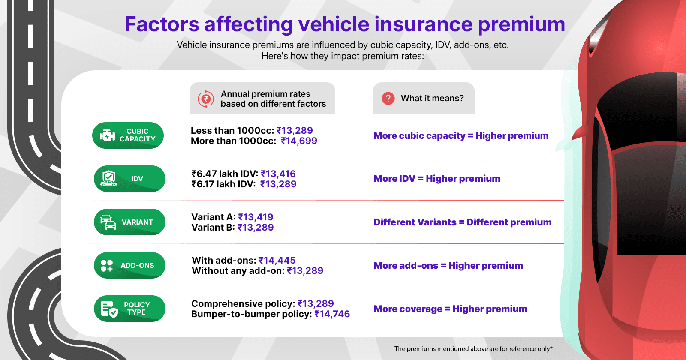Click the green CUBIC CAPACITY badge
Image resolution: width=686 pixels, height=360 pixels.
tap(128, 135)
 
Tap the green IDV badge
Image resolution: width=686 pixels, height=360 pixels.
tap(129, 179)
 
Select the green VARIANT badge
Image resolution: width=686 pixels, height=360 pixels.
tap(129, 222)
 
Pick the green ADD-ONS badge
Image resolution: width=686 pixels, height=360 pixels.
tap(129, 265)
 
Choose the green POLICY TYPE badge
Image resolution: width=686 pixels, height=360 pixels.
tap(129, 309)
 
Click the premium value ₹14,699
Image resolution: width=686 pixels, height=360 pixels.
tap(299, 141)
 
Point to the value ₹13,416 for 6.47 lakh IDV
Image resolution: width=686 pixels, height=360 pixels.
tap(278, 174)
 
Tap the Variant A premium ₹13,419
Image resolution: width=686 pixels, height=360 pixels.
tap(256, 217)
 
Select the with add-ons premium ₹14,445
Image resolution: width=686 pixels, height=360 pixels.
tap(277, 261)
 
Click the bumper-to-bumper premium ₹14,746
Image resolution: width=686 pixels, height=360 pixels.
tap(332, 314)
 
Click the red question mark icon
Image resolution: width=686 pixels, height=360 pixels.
tap(388, 99)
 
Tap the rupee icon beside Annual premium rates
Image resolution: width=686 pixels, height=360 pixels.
tap(206, 99)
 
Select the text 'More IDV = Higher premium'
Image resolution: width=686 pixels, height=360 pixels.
tap(437, 179)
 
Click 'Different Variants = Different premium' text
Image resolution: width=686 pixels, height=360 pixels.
tap(462, 222)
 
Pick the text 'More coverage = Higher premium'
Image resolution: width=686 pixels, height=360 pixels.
tap(450, 309)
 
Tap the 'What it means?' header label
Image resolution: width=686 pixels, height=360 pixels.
tap(432, 99)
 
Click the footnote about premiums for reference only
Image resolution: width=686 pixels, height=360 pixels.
tap(473, 349)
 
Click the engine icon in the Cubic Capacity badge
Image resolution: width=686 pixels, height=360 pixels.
tap(107, 135)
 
